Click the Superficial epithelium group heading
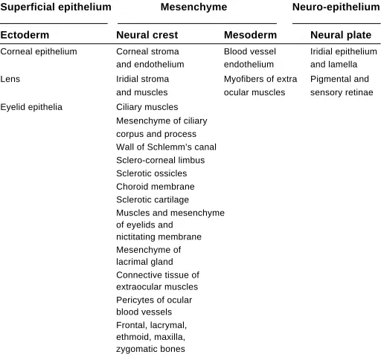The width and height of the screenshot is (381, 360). (56, 7)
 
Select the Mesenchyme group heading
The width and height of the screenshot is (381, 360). (193, 7)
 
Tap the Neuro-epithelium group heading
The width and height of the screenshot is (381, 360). (336, 7)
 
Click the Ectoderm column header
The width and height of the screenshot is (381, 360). (25, 35)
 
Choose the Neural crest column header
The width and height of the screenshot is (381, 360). (147, 35)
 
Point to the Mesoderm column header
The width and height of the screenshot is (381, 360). (250, 35)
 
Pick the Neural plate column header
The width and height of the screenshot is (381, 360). (341, 35)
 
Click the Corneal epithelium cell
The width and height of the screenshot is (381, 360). (39, 52)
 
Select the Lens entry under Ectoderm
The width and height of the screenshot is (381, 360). (10, 79)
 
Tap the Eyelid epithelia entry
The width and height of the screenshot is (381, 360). (31, 107)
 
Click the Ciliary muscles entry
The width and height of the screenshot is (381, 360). (147, 107)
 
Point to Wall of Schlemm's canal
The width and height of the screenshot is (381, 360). (166, 147)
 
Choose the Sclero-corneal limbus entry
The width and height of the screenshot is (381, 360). (161, 160)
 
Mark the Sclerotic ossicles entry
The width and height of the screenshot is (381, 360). (152, 173)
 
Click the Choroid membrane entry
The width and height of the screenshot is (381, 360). (156, 187)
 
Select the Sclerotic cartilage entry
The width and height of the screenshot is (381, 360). (153, 200)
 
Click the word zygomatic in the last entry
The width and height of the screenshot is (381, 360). (136, 349)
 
